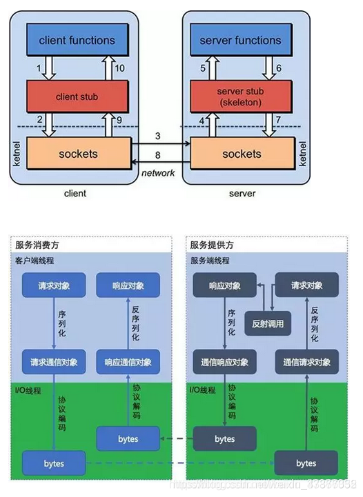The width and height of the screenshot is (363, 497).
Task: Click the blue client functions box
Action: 77,41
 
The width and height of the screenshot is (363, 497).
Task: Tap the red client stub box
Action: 77,97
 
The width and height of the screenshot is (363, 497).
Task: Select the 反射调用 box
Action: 268,323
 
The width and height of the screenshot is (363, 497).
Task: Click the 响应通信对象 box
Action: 128,362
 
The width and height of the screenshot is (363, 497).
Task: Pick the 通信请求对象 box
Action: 307,362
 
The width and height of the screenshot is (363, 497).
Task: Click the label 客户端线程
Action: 35,261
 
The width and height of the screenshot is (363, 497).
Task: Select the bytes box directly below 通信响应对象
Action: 224,438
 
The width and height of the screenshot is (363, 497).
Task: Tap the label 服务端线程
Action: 210,261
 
